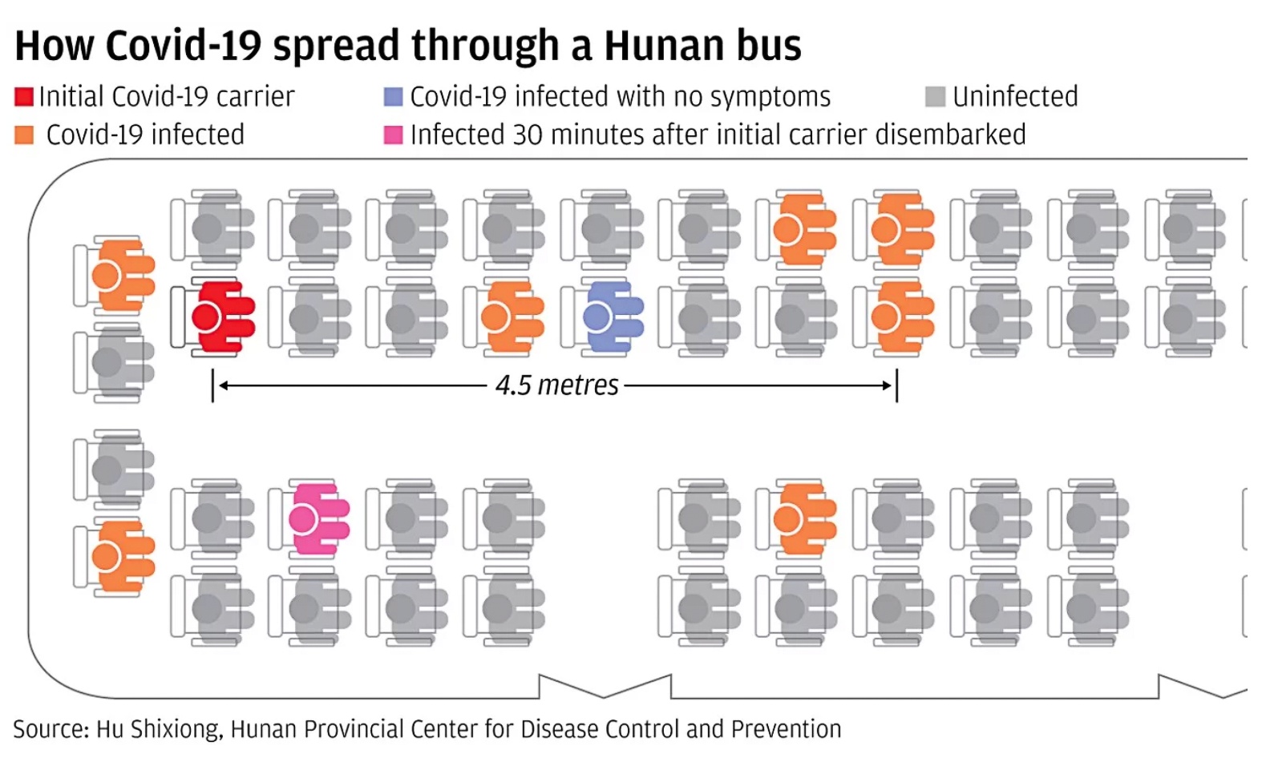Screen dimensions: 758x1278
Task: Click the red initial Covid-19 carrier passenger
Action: click(218, 317)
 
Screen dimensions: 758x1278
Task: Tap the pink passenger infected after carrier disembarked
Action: click(314, 519)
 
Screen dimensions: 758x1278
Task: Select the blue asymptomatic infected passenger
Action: click(609, 317)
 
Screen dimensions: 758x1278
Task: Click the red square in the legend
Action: click(24, 97)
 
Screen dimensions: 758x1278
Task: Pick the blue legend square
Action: click(393, 97)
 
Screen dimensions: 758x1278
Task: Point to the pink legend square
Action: click(393, 135)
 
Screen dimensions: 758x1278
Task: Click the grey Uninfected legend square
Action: click(935, 97)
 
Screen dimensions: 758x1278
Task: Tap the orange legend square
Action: click(24, 135)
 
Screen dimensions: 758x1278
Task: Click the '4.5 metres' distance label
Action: click(556, 385)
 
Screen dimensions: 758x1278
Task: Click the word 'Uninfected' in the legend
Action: click(1015, 97)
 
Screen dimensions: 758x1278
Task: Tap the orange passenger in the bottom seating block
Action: click(801, 519)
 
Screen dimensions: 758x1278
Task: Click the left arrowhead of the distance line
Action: click(224, 385)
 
